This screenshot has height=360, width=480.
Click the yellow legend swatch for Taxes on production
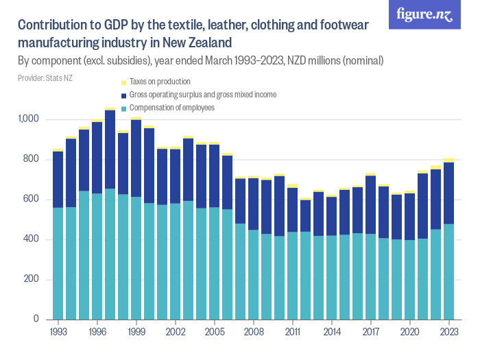(123, 82)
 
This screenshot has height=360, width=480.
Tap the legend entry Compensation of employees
(172, 108)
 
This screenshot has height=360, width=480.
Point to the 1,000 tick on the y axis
(30, 119)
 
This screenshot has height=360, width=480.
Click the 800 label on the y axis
(33, 160)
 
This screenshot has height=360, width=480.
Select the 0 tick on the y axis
(38, 320)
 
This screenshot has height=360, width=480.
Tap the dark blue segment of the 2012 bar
(306, 216)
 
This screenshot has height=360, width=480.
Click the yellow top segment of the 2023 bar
(449, 160)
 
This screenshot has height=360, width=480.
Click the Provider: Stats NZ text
(45, 78)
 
